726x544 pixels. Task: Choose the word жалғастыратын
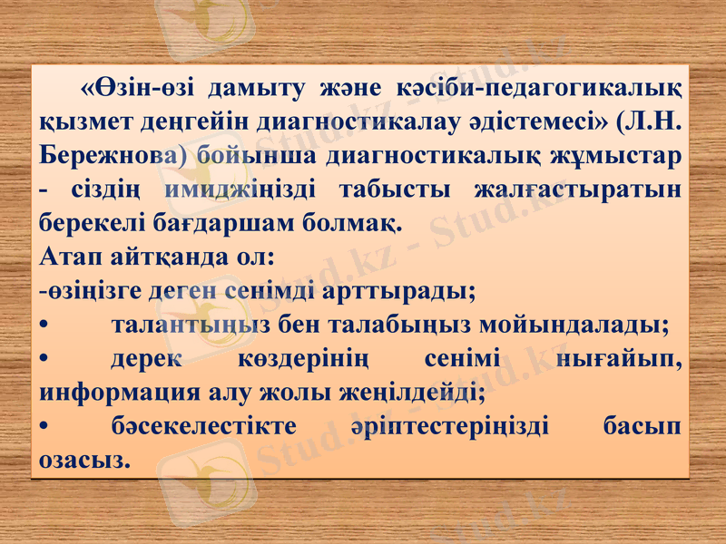[578, 189]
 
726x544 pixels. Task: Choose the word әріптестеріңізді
[447, 427]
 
